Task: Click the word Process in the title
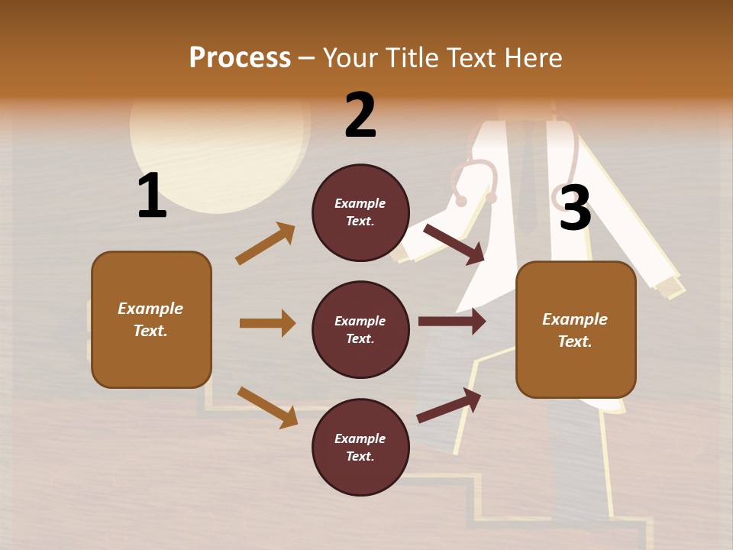(240, 58)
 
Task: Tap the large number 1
(152, 196)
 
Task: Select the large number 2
(360, 115)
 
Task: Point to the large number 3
(575, 208)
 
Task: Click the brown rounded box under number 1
(151, 319)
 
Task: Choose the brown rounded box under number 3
(576, 329)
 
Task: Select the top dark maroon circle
(360, 212)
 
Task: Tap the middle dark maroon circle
(360, 329)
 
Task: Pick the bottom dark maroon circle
(360, 447)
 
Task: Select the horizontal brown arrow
(267, 323)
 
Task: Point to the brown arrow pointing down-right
(267, 407)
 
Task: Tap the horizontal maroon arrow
(451, 322)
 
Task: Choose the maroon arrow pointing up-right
(449, 405)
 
